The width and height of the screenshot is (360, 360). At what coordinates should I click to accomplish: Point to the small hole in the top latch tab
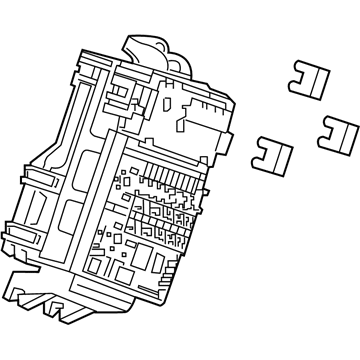(x=159, y=44)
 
